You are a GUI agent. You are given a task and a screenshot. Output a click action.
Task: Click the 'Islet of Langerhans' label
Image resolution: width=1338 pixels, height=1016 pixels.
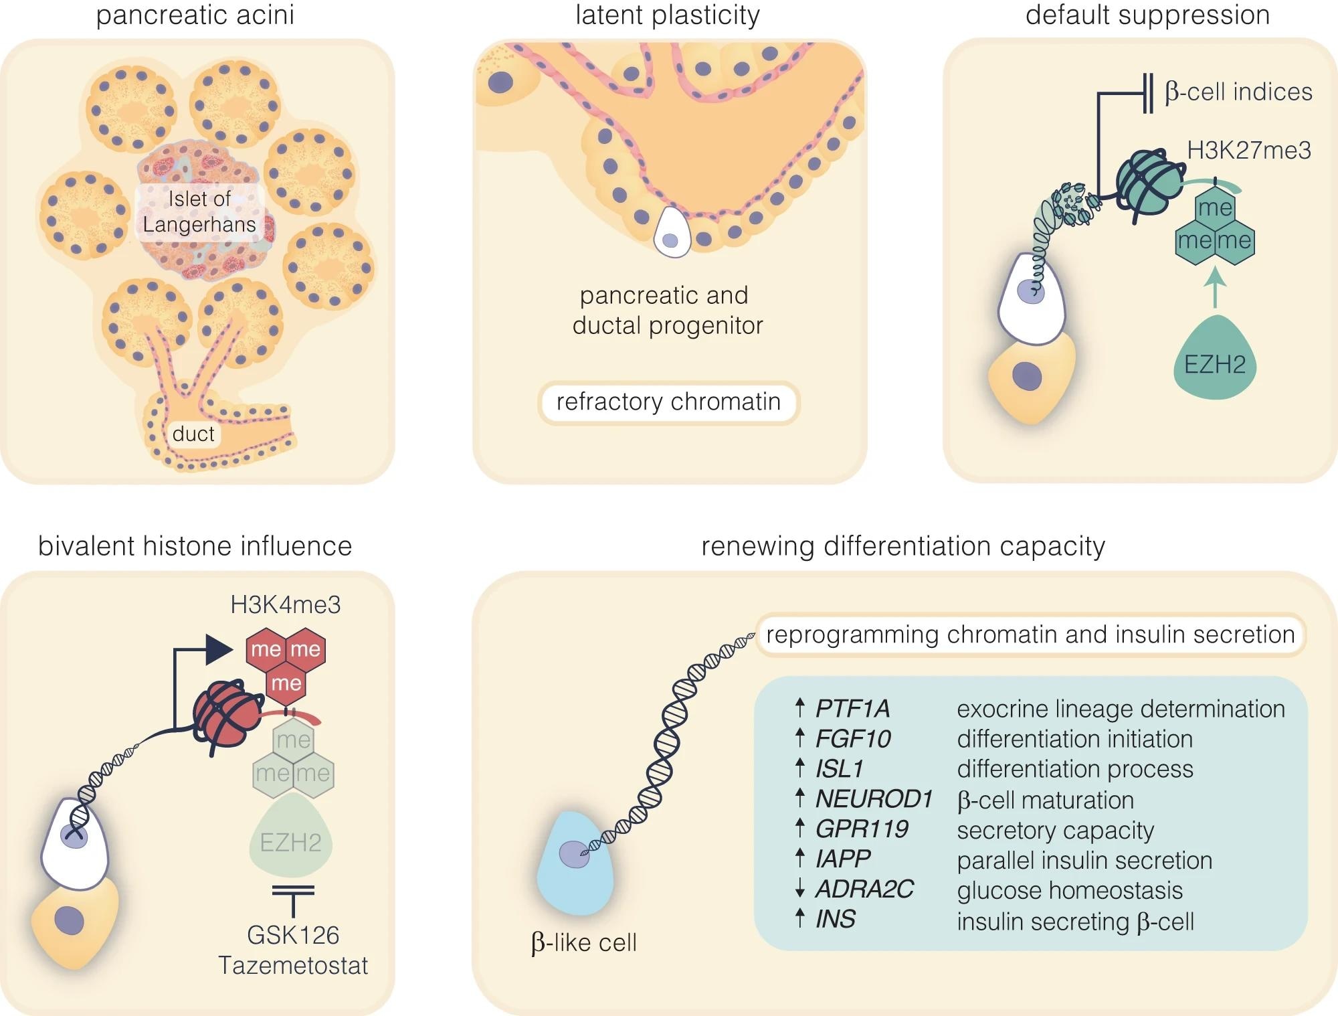(x=199, y=211)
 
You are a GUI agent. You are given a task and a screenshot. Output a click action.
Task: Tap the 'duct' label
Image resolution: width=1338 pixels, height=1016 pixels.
(x=193, y=434)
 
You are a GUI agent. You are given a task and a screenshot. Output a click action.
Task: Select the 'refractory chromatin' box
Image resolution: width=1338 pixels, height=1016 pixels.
(x=668, y=402)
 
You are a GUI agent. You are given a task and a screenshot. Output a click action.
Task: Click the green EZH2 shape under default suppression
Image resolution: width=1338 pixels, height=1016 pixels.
(x=1215, y=361)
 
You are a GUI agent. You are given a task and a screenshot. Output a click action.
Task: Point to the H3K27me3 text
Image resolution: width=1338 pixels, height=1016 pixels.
(x=1249, y=151)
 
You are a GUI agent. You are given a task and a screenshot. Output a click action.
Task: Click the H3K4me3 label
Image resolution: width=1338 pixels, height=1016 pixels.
(x=286, y=604)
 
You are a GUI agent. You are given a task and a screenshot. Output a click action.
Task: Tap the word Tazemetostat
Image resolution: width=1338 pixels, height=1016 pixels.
(x=293, y=965)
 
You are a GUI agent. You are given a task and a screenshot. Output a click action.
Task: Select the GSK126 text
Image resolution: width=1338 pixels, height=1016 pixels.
(x=293, y=935)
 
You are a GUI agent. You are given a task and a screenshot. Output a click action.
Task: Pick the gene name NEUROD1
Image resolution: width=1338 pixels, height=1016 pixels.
(x=874, y=798)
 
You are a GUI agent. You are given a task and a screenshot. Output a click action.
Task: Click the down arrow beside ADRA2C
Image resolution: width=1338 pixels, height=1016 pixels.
(x=799, y=889)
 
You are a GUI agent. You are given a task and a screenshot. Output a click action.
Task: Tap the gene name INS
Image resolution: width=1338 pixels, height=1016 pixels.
(x=836, y=919)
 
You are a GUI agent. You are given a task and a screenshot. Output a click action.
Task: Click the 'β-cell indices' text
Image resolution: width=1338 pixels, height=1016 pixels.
(x=1238, y=92)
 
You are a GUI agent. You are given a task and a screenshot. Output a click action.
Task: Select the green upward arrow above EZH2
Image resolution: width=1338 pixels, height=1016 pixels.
(x=1215, y=288)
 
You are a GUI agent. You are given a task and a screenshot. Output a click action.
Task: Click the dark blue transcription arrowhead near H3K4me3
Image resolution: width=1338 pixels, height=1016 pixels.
(x=218, y=649)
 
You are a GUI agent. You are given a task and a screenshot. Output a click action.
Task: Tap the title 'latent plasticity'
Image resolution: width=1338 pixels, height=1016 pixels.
(x=668, y=15)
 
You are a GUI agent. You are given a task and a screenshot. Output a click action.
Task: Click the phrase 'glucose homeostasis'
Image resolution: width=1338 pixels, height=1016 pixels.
(x=1070, y=890)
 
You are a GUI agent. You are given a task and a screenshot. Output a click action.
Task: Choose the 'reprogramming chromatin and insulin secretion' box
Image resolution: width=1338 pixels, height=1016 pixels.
(x=1030, y=634)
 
